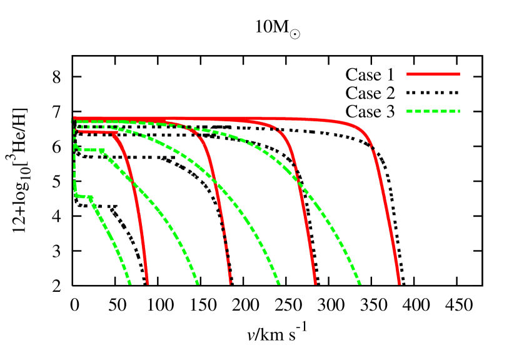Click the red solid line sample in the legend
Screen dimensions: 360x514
[x=433, y=74]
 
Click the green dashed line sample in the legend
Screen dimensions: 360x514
[x=433, y=111]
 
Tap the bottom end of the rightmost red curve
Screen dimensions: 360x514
[x=399, y=283]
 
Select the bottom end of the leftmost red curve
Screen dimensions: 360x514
[x=147, y=283]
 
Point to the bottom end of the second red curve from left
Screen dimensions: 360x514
[x=230, y=283]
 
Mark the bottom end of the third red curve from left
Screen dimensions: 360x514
[x=315, y=283]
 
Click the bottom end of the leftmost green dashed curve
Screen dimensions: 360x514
[x=130, y=283]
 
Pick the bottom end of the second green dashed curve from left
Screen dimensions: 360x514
[x=198, y=283]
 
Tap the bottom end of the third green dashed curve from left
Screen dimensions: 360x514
[x=279, y=283]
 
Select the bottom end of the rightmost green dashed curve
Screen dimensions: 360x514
[x=360, y=283]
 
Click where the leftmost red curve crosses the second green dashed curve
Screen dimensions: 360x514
[x=133, y=182]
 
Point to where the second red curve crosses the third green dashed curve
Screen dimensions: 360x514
[x=216, y=183]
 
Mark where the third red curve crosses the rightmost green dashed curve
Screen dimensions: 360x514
[x=298, y=183]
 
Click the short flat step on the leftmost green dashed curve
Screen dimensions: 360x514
[x=84, y=196]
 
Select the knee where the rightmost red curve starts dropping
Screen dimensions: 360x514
[x=366, y=134]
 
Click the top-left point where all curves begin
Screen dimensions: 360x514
[x=74, y=119]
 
